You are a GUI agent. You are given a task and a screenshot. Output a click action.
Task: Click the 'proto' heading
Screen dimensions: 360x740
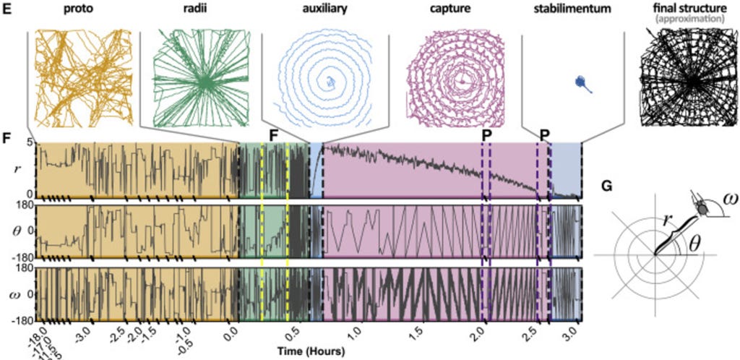79,11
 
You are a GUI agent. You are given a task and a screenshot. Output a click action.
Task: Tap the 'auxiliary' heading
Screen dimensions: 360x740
323,11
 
